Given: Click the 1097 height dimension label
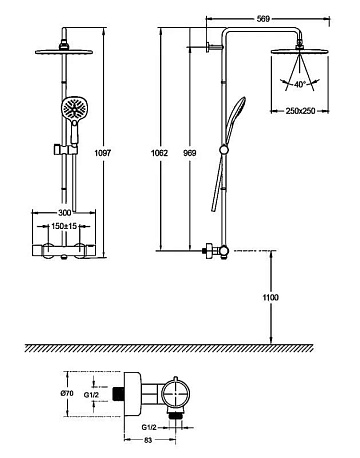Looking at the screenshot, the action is click(103, 153).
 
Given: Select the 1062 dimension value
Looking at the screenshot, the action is click(160, 153).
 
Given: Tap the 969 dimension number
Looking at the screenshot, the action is click(190, 153).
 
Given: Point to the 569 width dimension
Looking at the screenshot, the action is click(263, 19).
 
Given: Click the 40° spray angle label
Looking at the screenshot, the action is click(300, 85).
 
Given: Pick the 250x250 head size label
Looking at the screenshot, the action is click(300, 111).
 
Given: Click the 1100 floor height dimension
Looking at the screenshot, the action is click(271, 297).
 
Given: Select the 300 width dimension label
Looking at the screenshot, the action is click(65, 212).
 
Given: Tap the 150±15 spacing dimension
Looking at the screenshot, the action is click(64, 226).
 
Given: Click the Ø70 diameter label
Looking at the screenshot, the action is click(67, 393).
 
